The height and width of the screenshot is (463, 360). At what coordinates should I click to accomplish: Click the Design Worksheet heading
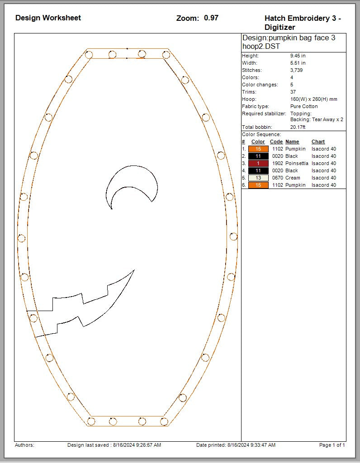(x=48, y=18)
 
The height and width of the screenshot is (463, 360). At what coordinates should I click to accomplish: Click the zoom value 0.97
(x=211, y=18)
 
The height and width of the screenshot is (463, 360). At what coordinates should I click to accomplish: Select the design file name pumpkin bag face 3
(x=289, y=38)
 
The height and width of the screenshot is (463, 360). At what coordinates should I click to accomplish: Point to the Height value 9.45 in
(x=298, y=56)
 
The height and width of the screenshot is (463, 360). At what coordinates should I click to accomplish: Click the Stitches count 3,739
(x=296, y=70)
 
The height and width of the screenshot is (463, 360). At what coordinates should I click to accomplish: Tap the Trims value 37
(x=293, y=92)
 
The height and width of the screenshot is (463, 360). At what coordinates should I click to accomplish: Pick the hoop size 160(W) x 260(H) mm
(x=313, y=99)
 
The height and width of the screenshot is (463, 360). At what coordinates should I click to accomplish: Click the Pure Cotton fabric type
(x=304, y=106)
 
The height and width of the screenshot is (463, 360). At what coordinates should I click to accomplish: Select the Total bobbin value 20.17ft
(x=298, y=127)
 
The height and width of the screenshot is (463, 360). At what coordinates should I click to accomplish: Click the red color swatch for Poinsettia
(x=258, y=163)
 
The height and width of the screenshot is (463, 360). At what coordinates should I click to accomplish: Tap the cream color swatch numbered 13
(x=258, y=178)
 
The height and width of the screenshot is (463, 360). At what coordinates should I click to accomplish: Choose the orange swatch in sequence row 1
(x=258, y=149)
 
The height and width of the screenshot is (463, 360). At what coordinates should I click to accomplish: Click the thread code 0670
(x=276, y=178)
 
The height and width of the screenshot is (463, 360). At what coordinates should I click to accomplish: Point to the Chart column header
(x=318, y=142)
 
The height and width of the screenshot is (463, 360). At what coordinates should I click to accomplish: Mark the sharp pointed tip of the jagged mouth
(x=134, y=270)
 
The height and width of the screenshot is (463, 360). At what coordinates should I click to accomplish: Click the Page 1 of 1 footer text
(x=332, y=445)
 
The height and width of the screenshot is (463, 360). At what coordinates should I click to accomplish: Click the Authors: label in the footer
(x=24, y=445)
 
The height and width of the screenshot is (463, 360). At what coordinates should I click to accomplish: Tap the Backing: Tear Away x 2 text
(x=317, y=119)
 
